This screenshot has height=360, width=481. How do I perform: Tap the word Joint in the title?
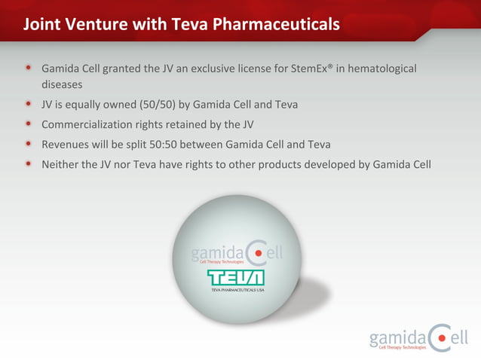coord(42,25)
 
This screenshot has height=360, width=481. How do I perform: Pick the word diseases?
coord(62,85)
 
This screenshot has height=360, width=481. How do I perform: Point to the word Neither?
coord(61,163)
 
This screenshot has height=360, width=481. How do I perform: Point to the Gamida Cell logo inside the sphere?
coord(236,253)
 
